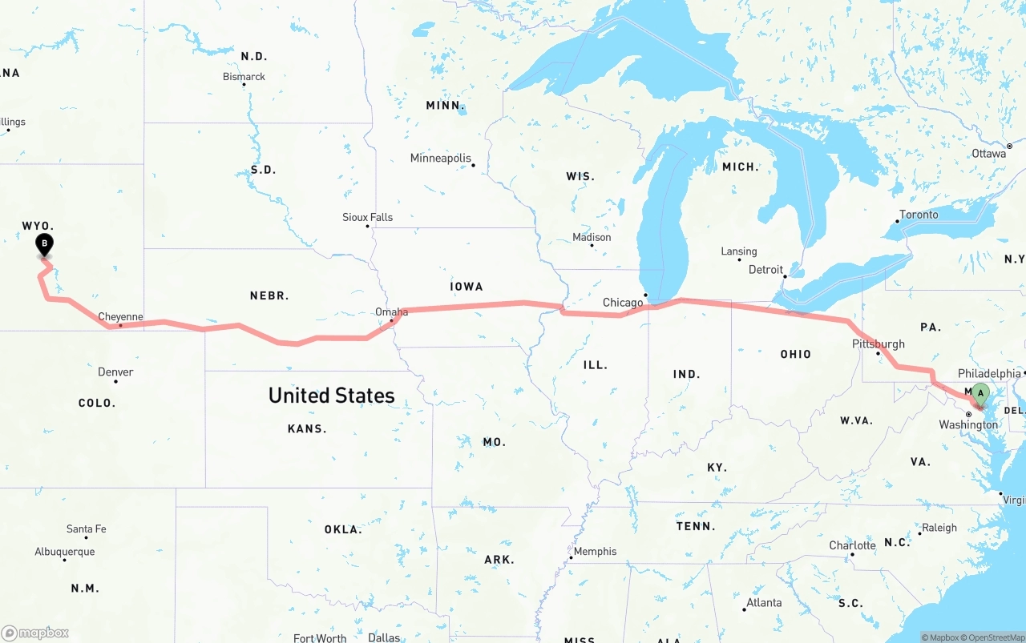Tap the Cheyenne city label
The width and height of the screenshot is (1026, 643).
coord(120,317)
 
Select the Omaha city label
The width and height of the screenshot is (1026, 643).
coord(391,312)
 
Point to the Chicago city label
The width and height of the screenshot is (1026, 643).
coord(623,303)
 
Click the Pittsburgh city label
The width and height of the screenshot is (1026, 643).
coord(879,344)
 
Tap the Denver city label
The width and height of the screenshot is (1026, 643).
coord(115,372)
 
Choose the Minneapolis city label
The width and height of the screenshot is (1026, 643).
coord(441,159)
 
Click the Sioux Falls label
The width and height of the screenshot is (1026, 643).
coord(367,218)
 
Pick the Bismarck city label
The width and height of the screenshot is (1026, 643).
coord(244,77)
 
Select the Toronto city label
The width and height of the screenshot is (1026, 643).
coord(919,215)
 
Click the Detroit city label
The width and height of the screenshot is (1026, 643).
coord(765,270)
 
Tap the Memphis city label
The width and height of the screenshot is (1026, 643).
coord(595,552)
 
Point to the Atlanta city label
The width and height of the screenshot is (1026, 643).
coord(764,603)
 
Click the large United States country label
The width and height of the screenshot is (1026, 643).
coord(331,396)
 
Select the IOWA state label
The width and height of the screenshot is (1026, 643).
coord(467,287)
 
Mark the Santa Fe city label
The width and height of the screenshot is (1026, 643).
coord(86,529)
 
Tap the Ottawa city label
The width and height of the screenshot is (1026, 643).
coord(988,154)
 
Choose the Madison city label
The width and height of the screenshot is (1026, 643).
coord(592,238)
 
